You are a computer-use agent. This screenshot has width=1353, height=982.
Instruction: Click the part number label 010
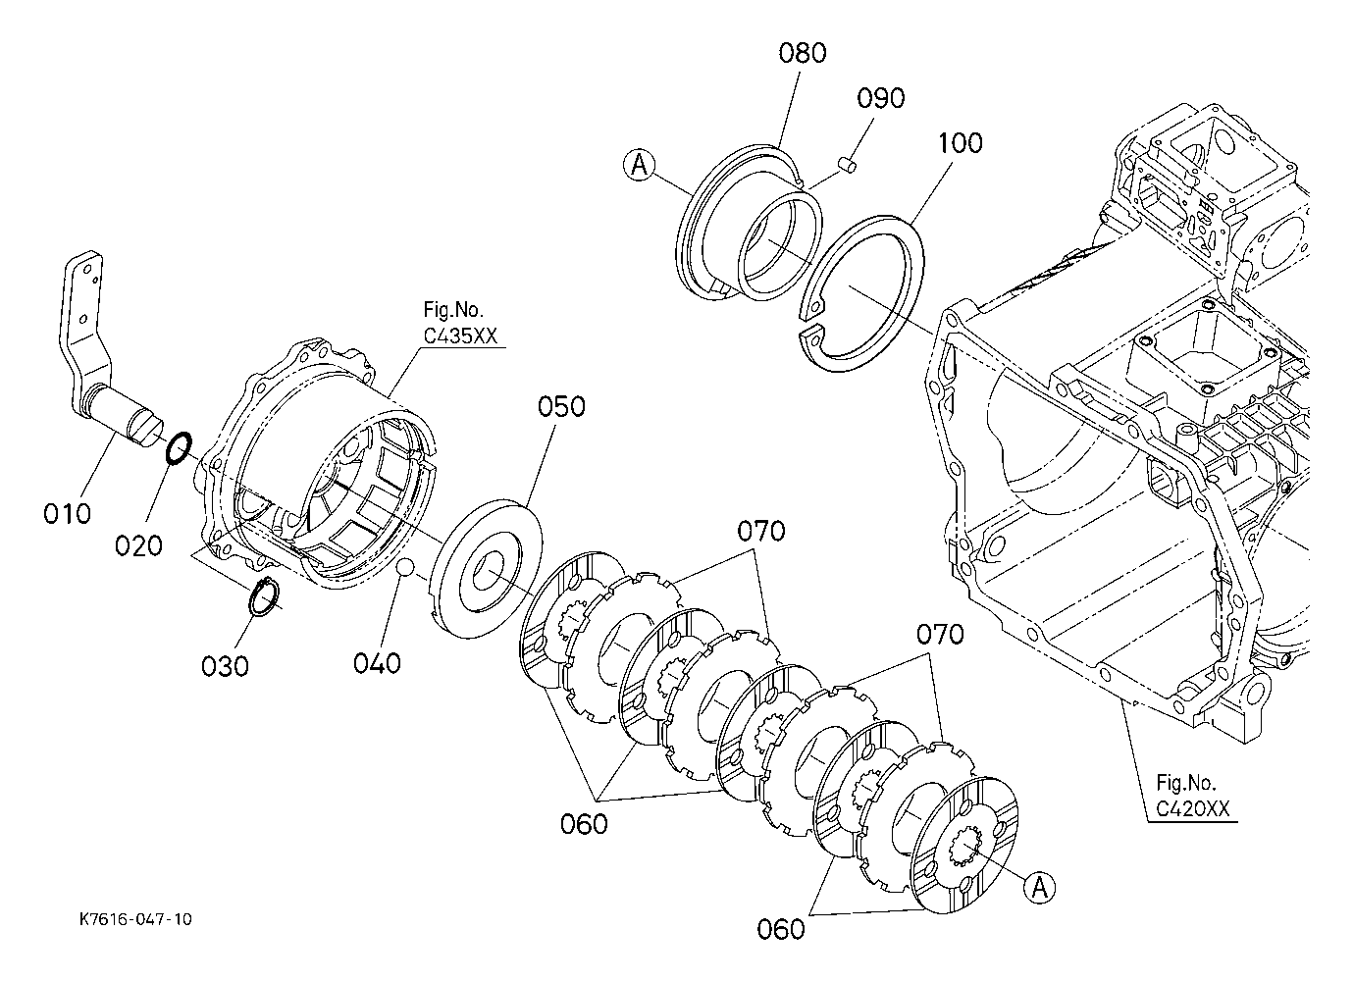click(67, 514)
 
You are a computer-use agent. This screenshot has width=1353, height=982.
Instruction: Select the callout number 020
click(139, 546)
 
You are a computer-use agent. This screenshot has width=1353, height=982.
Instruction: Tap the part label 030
click(225, 667)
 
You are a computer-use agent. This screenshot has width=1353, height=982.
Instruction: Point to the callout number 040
click(377, 663)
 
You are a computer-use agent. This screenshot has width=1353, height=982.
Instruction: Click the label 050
click(562, 406)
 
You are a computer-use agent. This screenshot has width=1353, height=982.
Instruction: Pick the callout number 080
click(803, 53)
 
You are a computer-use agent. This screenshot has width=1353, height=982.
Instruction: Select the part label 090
click(881, 98)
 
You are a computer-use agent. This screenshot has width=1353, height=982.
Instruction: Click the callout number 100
click(960, 143)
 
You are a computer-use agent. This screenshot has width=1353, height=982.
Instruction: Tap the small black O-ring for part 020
click(180, 448)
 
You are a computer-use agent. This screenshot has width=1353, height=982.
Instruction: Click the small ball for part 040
click(404, 567)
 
